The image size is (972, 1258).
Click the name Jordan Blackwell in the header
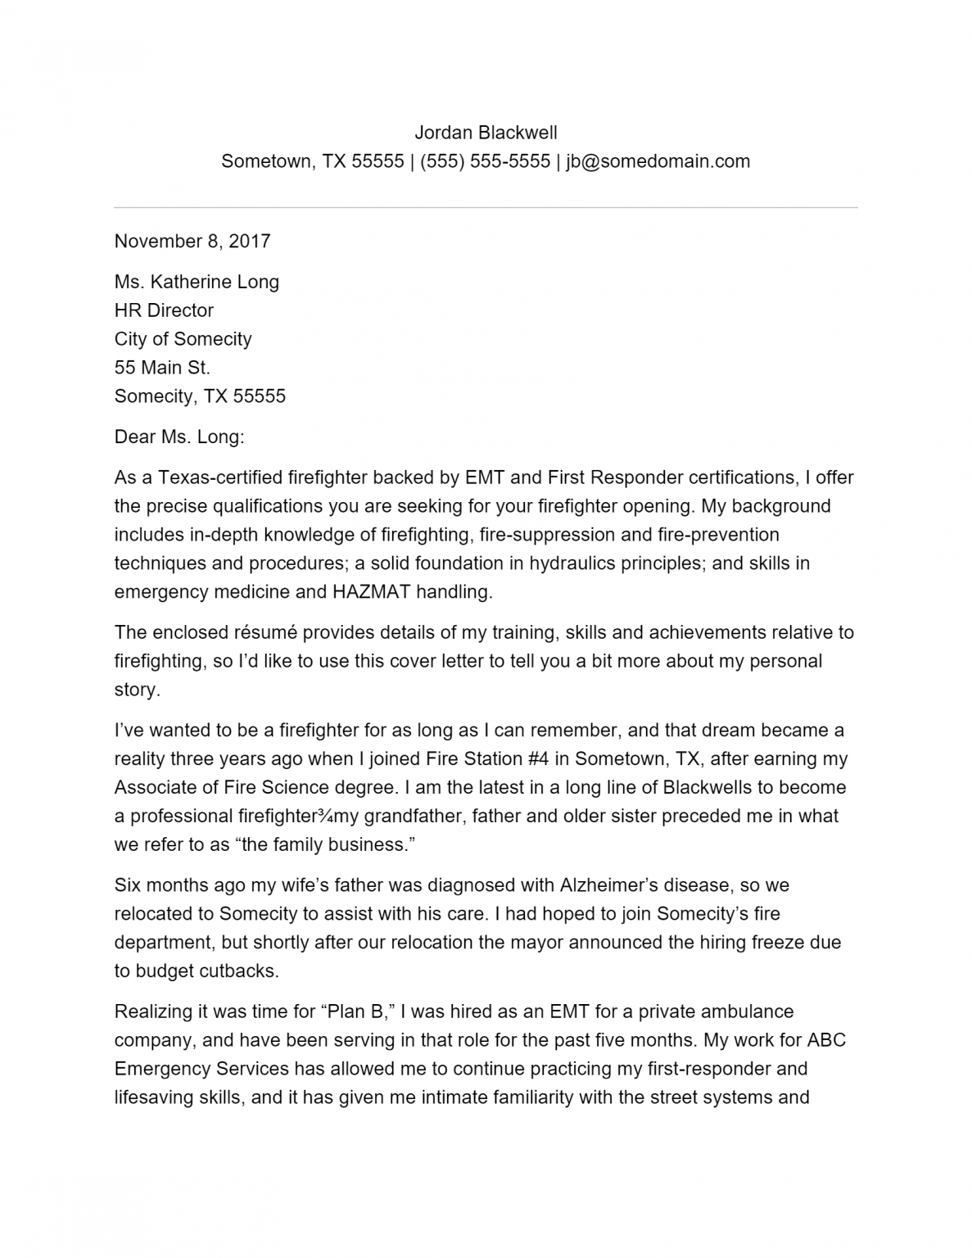point(486,133)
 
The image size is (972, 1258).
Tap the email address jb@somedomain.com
point(658,161)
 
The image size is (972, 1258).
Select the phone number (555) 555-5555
point(485,161)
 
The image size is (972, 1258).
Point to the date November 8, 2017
point(192,241)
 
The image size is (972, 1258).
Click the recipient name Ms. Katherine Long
point(197,282)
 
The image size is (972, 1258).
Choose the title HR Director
point(164,310)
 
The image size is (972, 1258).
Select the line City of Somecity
point(183,339)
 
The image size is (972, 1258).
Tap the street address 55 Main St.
point(162,368)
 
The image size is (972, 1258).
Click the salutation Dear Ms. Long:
point(179,437)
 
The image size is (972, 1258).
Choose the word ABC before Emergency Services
point(826,1040)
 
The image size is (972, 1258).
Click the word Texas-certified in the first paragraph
point(220,477)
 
